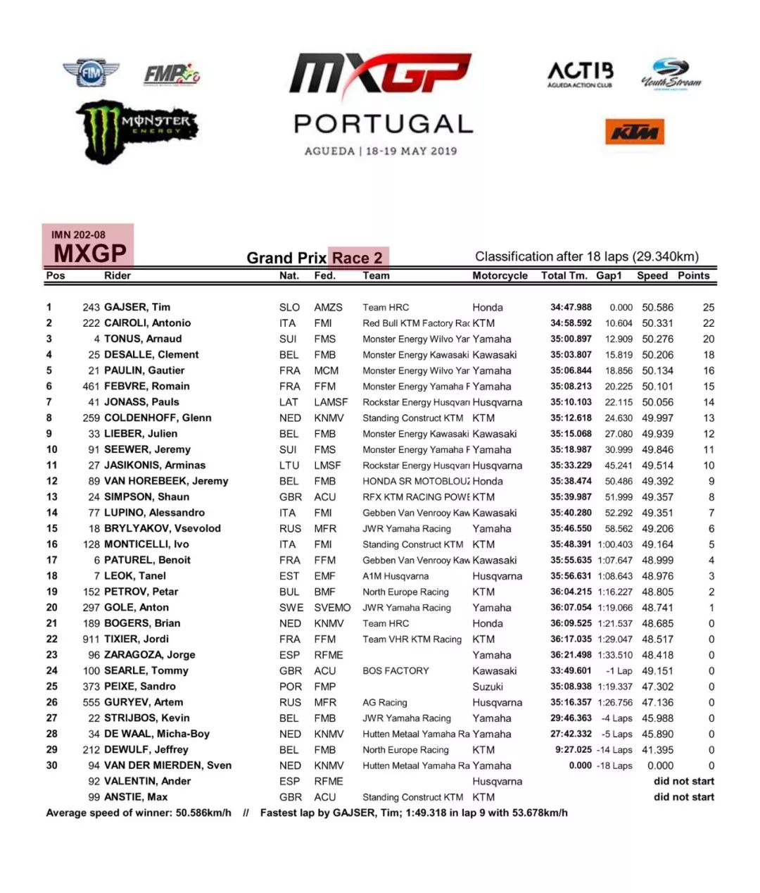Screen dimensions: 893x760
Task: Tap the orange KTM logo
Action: [634, 132]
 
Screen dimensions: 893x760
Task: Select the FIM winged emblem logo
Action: [90, 73]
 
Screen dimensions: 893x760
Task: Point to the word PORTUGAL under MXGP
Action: [384, 124]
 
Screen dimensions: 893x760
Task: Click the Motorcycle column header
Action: [500, 275]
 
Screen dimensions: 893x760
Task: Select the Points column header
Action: [693, 275]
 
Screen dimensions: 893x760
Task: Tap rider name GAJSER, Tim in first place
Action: [137, 307]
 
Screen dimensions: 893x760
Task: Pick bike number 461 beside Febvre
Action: [91, 386]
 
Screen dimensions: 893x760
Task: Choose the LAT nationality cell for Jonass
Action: [289, 402]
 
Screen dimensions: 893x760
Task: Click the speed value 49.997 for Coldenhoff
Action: [657, 418]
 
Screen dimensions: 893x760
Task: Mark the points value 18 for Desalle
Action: [708, 355]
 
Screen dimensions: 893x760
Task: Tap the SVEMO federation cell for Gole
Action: [332, 608]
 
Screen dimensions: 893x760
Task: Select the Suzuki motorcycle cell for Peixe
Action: [488, 687]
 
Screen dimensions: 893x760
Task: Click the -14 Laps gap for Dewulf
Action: [614, 750]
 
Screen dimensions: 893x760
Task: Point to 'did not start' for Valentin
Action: [683, 781]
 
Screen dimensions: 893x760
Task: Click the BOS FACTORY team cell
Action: [395, 670]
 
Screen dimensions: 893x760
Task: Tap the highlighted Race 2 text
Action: [357, 258]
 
